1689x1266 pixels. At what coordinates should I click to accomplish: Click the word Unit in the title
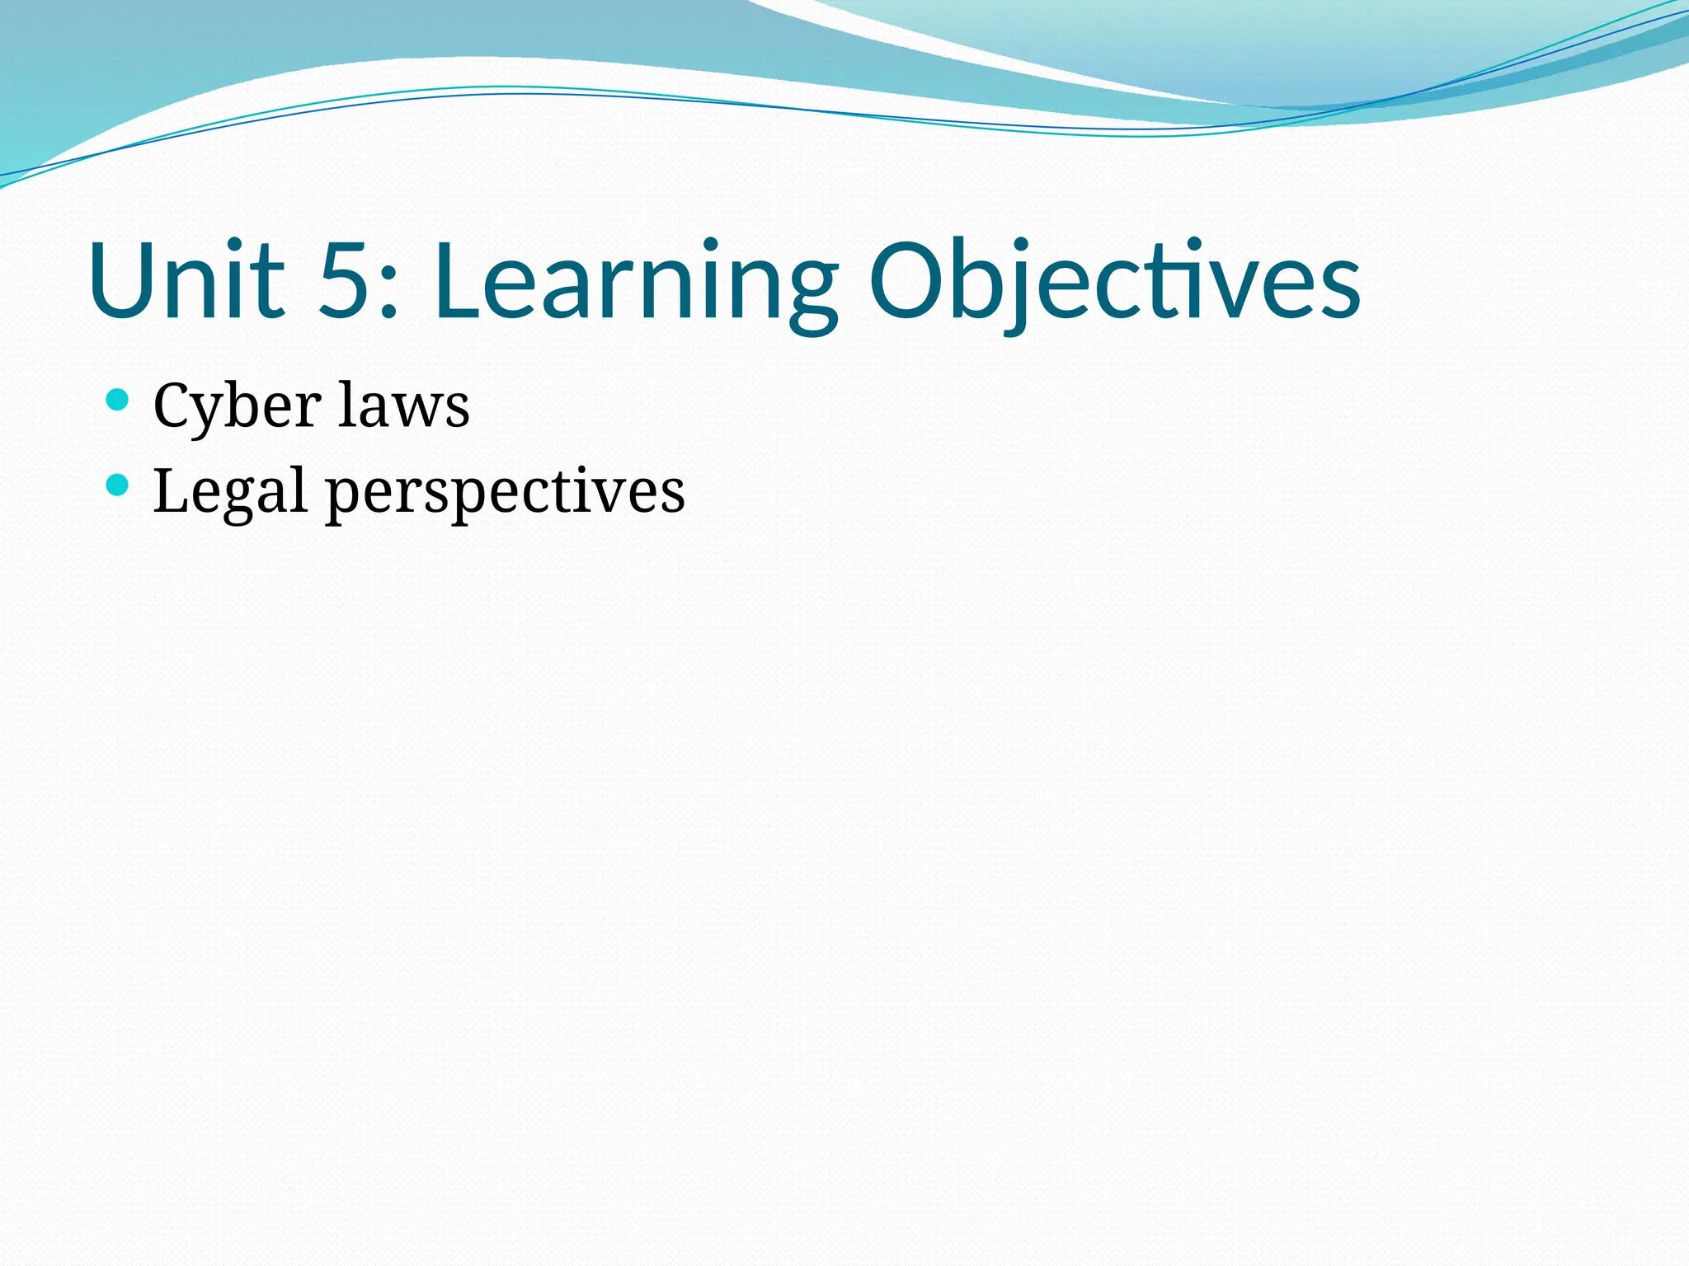click(186, 280)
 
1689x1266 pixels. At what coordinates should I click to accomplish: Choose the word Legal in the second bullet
click(230, 491)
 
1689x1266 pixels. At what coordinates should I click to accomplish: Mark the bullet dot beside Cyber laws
click(118, 401)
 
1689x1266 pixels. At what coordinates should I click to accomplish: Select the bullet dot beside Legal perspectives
click(118, 485)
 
